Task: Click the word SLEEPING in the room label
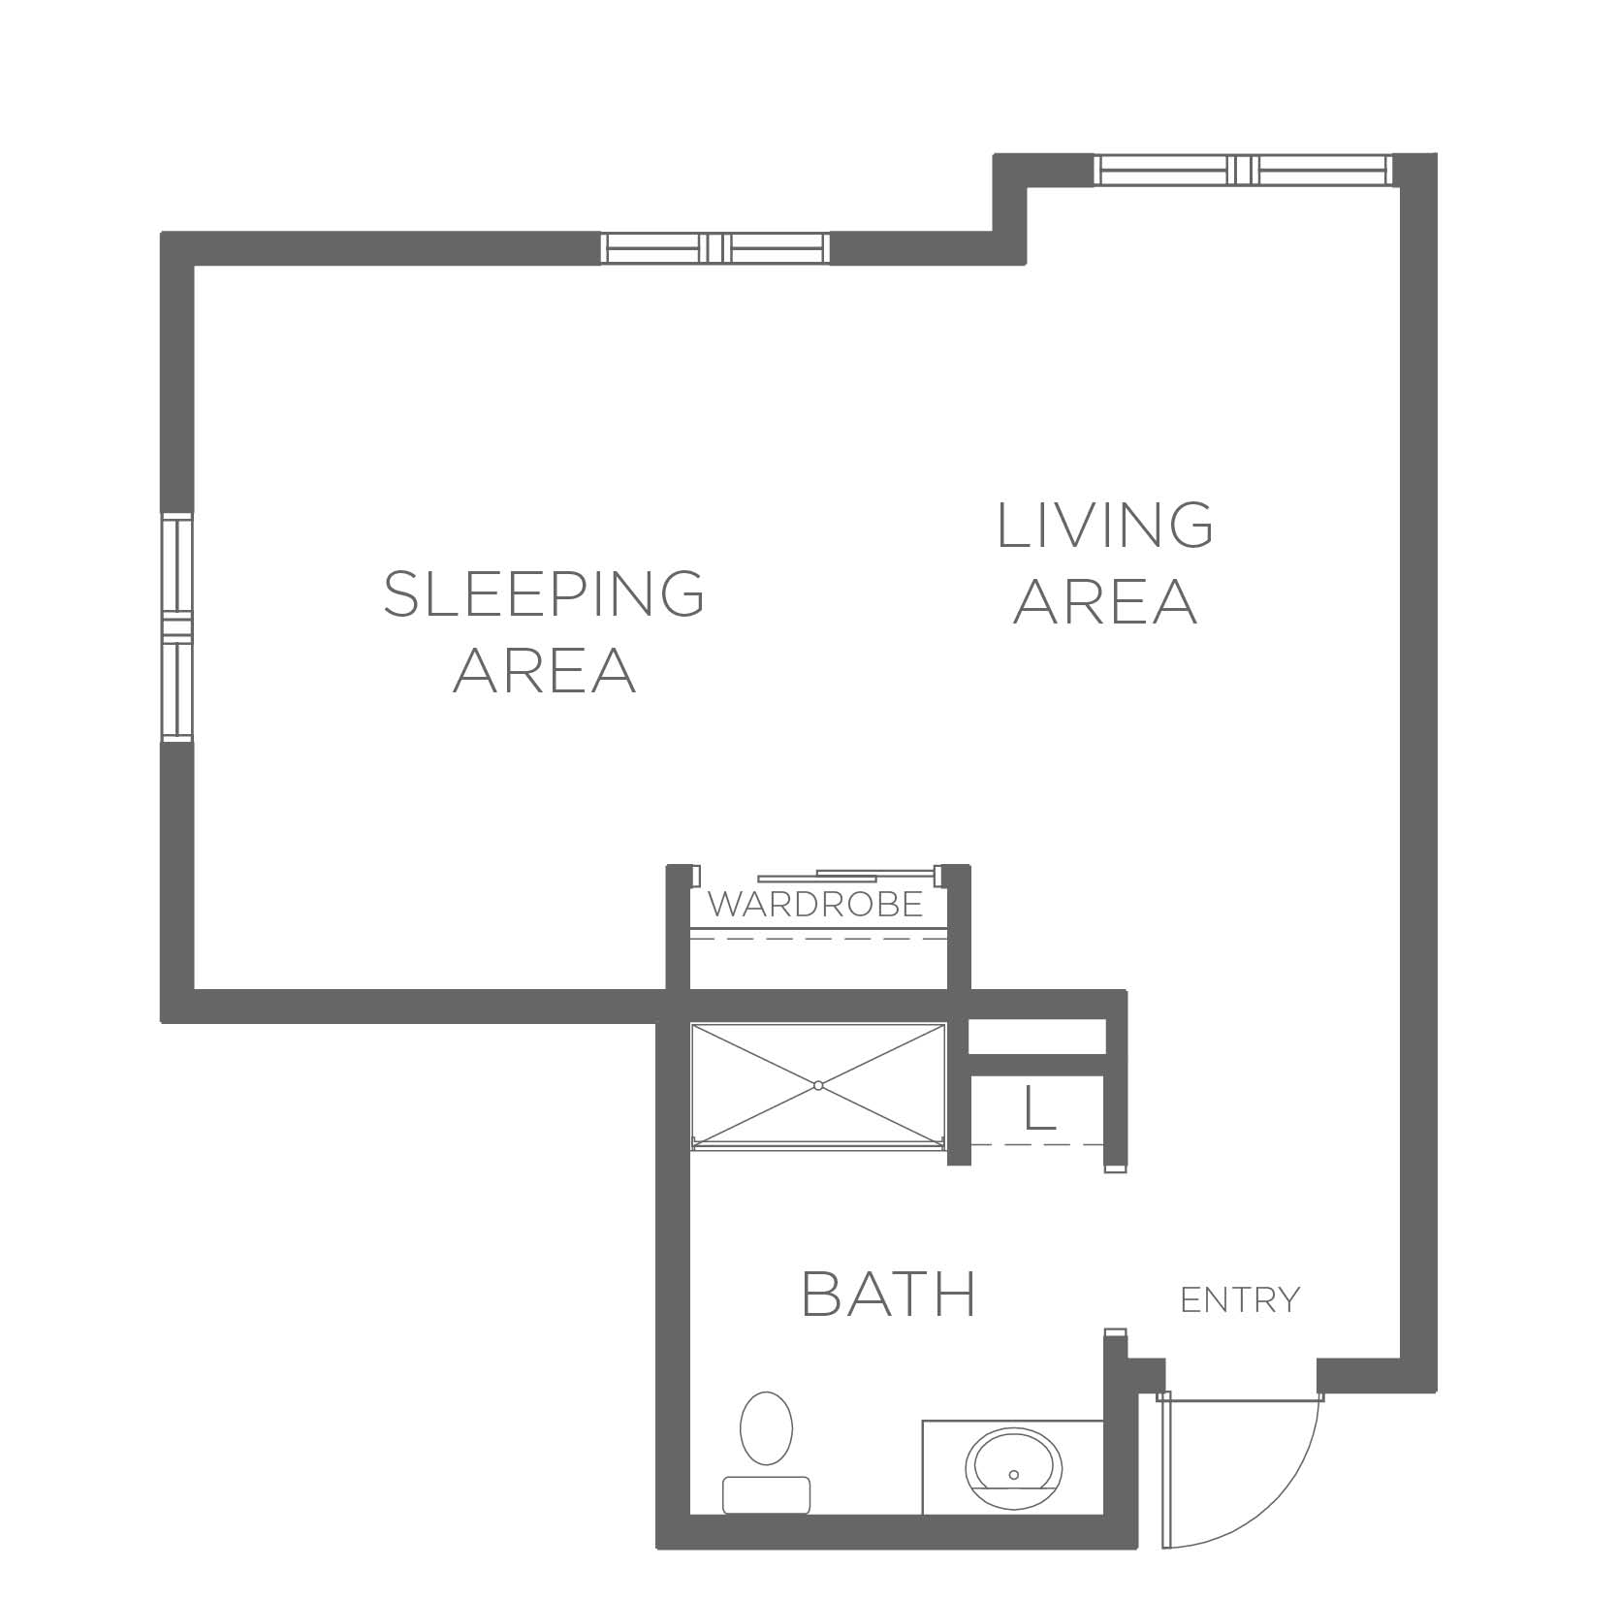[544, 593]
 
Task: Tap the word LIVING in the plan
[1105, 525]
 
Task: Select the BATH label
[889, 1294]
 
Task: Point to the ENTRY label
[1240, 1299]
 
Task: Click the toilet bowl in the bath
[766, 1428]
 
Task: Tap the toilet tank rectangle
[766, 1494]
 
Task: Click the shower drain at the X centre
[818, 1085]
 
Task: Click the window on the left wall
[177, 629]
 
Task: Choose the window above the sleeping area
[716, 248]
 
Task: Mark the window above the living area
[1244, 170]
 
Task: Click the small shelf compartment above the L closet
[1038, 1036]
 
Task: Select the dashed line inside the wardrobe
[816, 939]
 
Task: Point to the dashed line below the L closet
[1038, 1144]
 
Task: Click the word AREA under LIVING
[1105, 601]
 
